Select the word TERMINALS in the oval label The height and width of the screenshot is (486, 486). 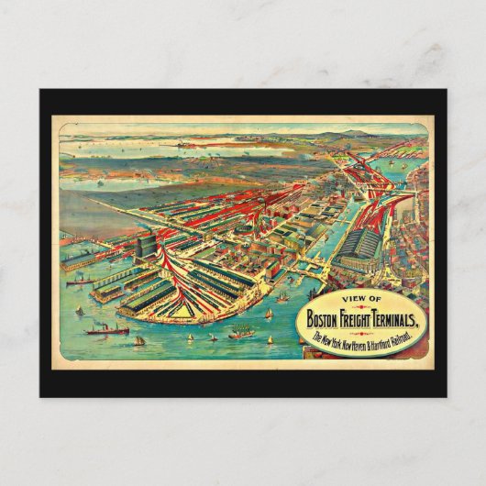coord(413,320)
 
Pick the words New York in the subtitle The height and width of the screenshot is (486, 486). coord(334,340)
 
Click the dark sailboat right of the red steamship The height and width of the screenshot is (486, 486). coord(139,340)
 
